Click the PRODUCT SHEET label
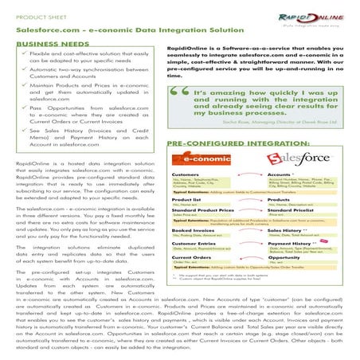click(x=41, y=12)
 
